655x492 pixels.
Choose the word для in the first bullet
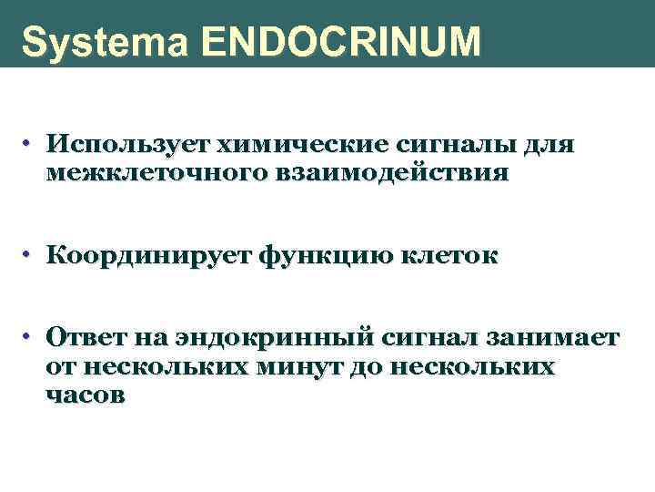click(549, 145)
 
